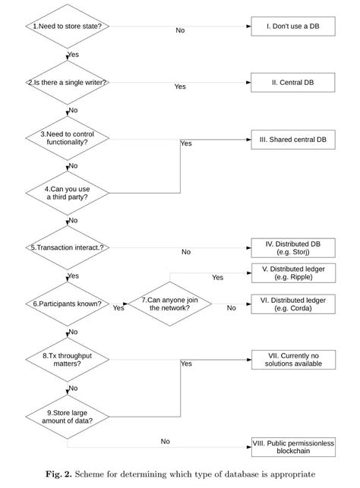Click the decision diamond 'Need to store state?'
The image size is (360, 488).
coord(68,26)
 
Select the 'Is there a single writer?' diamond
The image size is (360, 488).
coord(68,83)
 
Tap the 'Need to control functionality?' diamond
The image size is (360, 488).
coord(68,139)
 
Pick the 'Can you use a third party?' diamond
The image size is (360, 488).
coord(68,192)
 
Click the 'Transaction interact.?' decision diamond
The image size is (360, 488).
coord(68,247)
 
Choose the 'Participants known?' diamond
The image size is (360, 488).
coord(68,304)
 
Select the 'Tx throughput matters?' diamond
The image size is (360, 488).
coord(68,359)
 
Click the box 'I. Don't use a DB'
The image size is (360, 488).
coord(292,26)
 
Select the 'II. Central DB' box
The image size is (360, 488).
coord(292,83)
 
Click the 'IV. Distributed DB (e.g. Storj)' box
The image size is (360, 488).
coord(292,247)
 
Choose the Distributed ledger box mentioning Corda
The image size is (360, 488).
coord(292,304)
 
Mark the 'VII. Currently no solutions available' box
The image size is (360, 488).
coord(292,360)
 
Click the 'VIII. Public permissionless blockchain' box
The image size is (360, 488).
coord(292,446)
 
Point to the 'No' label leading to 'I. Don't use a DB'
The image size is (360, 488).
coord(180,30)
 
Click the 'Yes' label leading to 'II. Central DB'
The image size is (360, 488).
coord(180,87)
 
